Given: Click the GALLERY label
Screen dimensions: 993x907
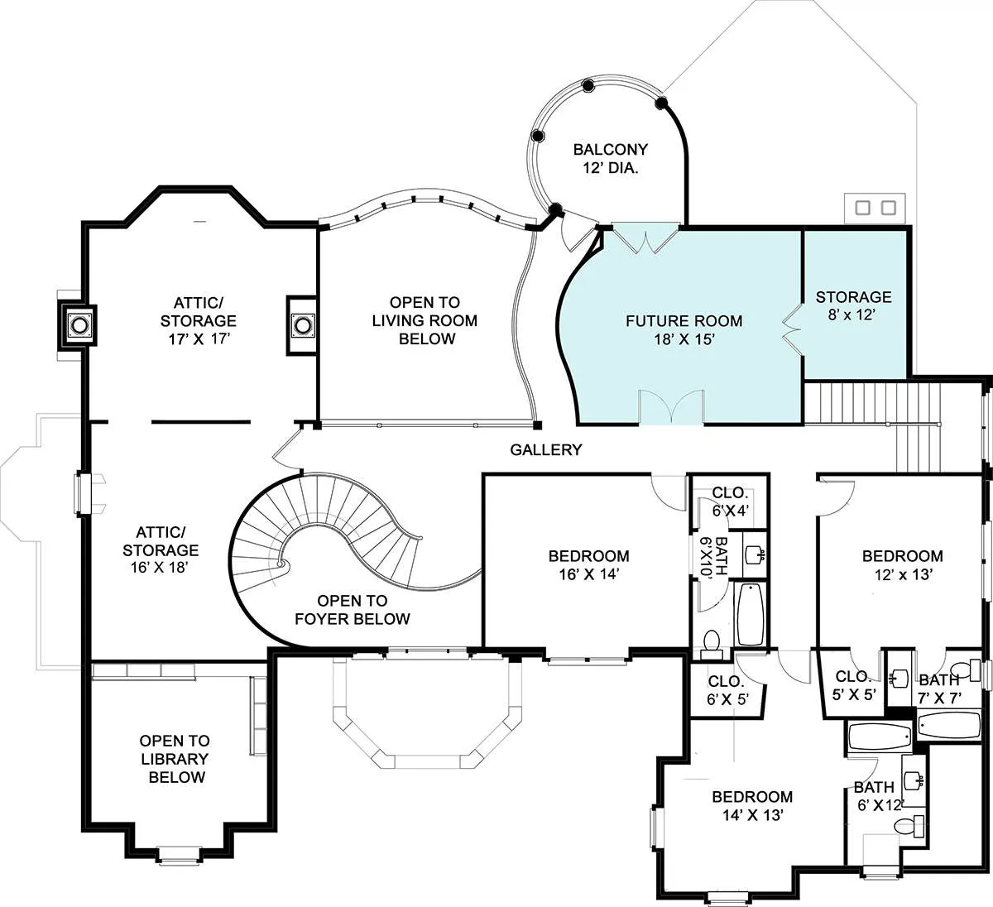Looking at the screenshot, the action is [x=546, y=449].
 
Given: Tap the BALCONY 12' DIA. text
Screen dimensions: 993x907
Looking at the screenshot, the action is [x=611, y=158].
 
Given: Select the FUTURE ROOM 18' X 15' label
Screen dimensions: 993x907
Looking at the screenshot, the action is [x=684, y=329].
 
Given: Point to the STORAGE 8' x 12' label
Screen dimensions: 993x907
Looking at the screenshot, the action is [x=853, y=305].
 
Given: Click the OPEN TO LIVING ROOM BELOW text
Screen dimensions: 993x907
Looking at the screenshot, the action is [x=425, y=320].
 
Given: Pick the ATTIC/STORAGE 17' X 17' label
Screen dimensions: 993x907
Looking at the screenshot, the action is [x=198, y=320].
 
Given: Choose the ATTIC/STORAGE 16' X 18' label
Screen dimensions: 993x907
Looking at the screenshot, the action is [x=161, y=549].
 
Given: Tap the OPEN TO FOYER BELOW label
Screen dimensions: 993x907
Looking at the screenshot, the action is [x=353, y=609].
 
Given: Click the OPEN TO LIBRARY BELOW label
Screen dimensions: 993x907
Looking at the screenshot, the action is [x=175, y=759].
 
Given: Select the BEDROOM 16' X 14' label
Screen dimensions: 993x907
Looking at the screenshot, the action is [x=588, y=565].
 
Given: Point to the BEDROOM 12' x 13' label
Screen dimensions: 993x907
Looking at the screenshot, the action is [x=903, y=565].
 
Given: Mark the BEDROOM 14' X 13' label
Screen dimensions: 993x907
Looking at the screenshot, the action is [x=752, y=805].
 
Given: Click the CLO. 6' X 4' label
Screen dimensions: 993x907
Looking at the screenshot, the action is [x=730, y=501].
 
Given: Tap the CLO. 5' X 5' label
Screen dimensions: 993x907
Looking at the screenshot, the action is [x=854, y=686].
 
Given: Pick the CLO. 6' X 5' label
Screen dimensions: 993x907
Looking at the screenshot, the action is [x=727, y=689].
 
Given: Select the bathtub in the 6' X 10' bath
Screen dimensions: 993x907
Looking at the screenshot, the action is [x=750, y=614].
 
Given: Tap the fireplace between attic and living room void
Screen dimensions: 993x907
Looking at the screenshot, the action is [x=301, y=325].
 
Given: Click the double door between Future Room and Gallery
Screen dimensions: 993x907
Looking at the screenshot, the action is [x=671, y=407].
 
